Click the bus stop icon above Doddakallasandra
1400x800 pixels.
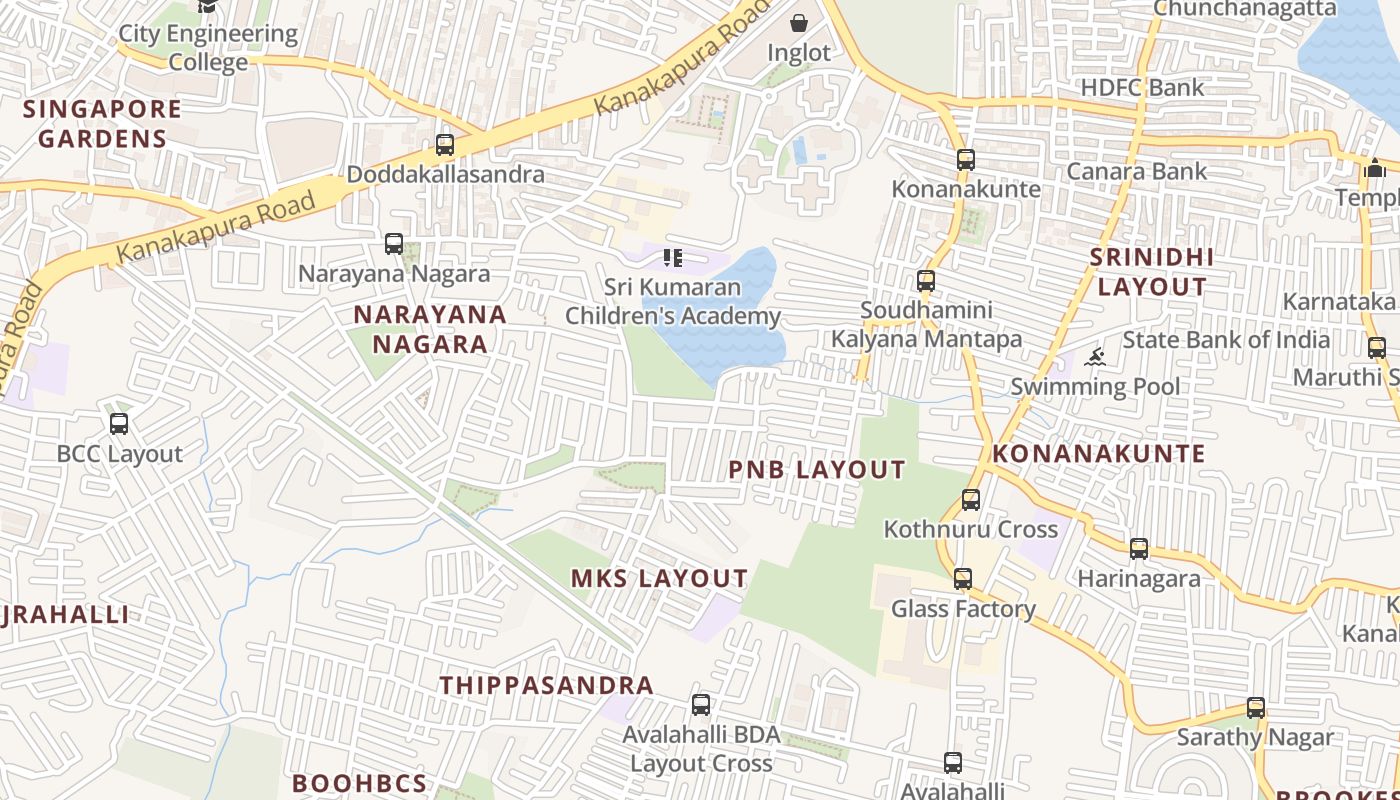(445, 145)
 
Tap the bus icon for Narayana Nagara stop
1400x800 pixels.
(394, 244)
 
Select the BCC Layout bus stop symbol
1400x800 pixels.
(119, 424)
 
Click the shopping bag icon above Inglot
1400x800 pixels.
(799, 23)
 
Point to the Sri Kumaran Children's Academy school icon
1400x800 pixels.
(673, 259)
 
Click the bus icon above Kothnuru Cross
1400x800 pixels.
(970, 500)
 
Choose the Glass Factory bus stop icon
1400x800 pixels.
(962, 579)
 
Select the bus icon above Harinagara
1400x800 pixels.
(1138, 549)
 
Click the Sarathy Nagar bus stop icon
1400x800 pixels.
(1255, 708)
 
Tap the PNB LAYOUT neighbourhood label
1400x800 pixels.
(817, 470)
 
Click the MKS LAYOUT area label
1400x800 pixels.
(659, 579)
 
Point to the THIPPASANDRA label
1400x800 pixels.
(547, 686)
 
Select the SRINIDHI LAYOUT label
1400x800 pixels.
(1152, 272)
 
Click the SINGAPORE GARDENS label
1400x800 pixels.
(102, 124)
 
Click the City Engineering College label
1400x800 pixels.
(208, 48)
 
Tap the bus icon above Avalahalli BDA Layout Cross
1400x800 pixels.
(701, 705)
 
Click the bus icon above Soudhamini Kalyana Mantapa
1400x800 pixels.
(926, 281)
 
